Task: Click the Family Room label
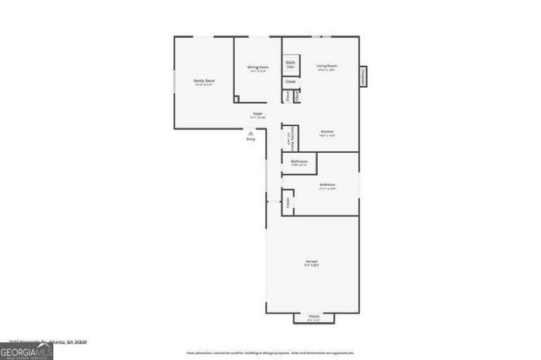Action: click(x=204, y=81)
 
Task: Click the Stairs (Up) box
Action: click(x=290, y=64)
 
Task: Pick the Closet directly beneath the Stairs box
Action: click(x=290, y=82)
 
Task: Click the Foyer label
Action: click(x=258, y=114)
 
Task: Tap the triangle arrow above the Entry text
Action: click(x=250, y=132)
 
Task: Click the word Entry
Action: click(x=250, y=139)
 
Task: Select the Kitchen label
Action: click(x=327, y=133)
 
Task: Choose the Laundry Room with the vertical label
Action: click(x=289, y=138)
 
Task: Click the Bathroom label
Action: click(x=298, y=161)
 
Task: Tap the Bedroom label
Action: click(x=327, y=185)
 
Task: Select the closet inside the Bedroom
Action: click(x=288, y=202)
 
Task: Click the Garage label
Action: click(x=312, y=263)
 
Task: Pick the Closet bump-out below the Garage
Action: click(x=314, y=319)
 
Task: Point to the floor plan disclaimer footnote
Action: click(x=270, y=352)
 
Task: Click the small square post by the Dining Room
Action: click(x=236, y=99)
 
